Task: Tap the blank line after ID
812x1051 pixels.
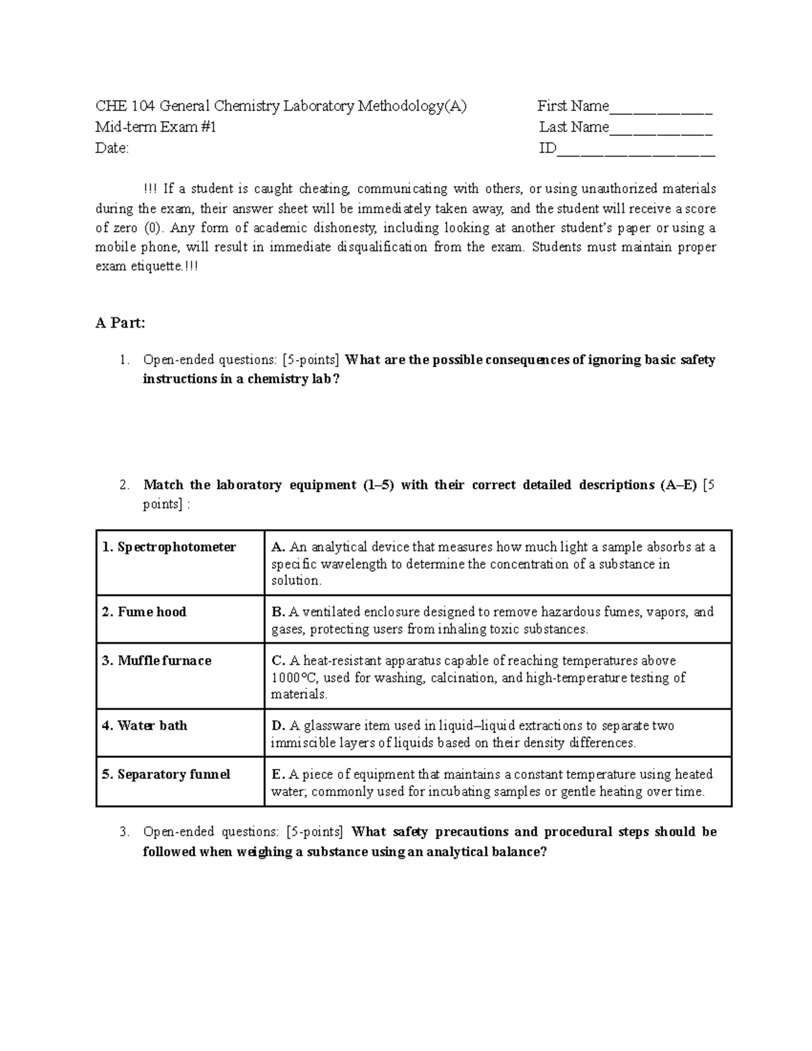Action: point(635,151)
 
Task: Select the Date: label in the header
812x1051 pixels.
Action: point(112,149)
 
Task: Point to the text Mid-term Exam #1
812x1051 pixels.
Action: point(156,127)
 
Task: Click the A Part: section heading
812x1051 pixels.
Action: point(120,323)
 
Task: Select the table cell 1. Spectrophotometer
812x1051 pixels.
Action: point(169,547)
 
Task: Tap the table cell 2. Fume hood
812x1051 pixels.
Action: point(144,612)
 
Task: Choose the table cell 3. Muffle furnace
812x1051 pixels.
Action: point(157,661)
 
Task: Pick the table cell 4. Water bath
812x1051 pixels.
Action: point(145,725)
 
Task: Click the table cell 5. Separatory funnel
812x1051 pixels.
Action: point(166,774)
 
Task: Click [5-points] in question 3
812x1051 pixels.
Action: point(314,832)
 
